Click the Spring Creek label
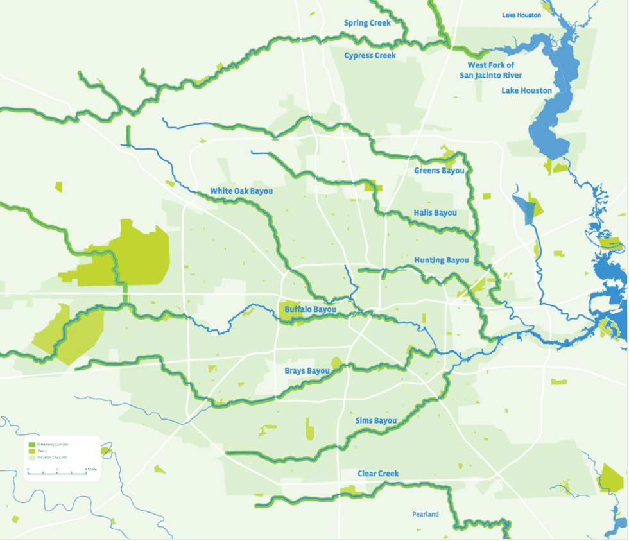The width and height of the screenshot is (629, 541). coord(367,23)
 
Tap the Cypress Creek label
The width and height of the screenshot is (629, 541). coord(370,56)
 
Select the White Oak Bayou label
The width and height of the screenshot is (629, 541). coord(241,191)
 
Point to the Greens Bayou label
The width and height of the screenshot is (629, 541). coord(438,171)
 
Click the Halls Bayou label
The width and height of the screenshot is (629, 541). coord(435,212)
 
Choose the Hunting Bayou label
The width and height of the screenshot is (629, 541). coord(441,260)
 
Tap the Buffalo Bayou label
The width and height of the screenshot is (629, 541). coord(310,309)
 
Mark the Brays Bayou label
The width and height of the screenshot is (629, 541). coord(307,370)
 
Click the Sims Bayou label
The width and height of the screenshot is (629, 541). coord(376,420)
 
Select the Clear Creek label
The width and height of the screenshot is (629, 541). coord(378,474)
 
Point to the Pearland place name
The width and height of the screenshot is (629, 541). coord(426,514)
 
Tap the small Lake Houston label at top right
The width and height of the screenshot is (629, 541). coord(521,15)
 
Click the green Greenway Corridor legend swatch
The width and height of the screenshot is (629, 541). coord(31,444)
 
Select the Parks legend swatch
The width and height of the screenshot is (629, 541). coord(31,451)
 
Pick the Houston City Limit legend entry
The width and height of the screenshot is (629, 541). coord(51,457)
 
